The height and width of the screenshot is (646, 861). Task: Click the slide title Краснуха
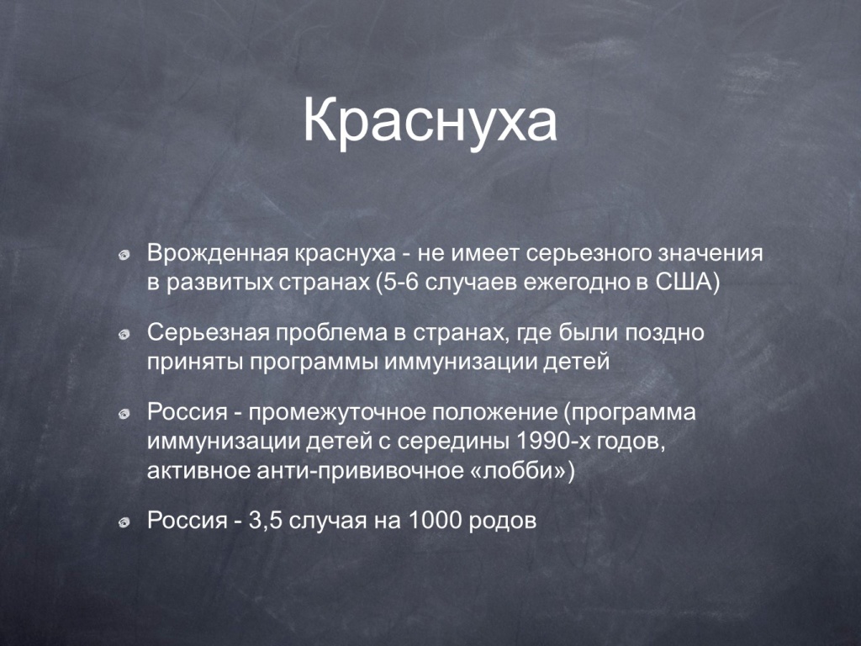[x=430, y=121]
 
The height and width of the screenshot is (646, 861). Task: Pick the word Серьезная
[x=209, y=333]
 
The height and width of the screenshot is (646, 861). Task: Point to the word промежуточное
[x=337, y=412]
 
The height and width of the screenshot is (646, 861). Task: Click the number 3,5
[x=266, y=521]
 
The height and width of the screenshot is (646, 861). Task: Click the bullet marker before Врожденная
[x=124, y=256]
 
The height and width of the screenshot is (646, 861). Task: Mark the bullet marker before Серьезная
[x=124, y=335]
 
